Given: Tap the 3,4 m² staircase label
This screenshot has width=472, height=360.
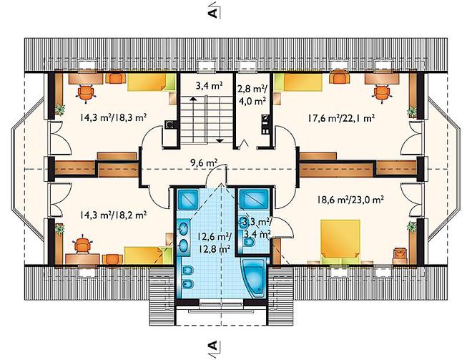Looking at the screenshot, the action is [209, 86].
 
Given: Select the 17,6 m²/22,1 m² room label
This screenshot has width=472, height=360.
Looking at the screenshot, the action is [340, 118].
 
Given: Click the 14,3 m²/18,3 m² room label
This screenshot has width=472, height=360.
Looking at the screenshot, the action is [113, 117].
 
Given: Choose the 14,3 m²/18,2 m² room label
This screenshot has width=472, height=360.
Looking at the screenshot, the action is [113, 215].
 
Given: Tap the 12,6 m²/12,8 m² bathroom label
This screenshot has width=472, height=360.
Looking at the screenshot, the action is [214, 242].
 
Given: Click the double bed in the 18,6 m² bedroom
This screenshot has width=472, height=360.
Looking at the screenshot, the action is [340, 241].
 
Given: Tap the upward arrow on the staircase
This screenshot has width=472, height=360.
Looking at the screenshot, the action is [193, 98].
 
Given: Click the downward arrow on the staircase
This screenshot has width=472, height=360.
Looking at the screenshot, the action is [220, 140].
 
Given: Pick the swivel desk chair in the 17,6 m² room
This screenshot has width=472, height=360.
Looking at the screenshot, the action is [381, 92].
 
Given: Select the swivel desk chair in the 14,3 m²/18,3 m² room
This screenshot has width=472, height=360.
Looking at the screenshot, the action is [86, 92].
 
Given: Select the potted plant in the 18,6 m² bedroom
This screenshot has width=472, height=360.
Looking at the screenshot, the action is [411, 227].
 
